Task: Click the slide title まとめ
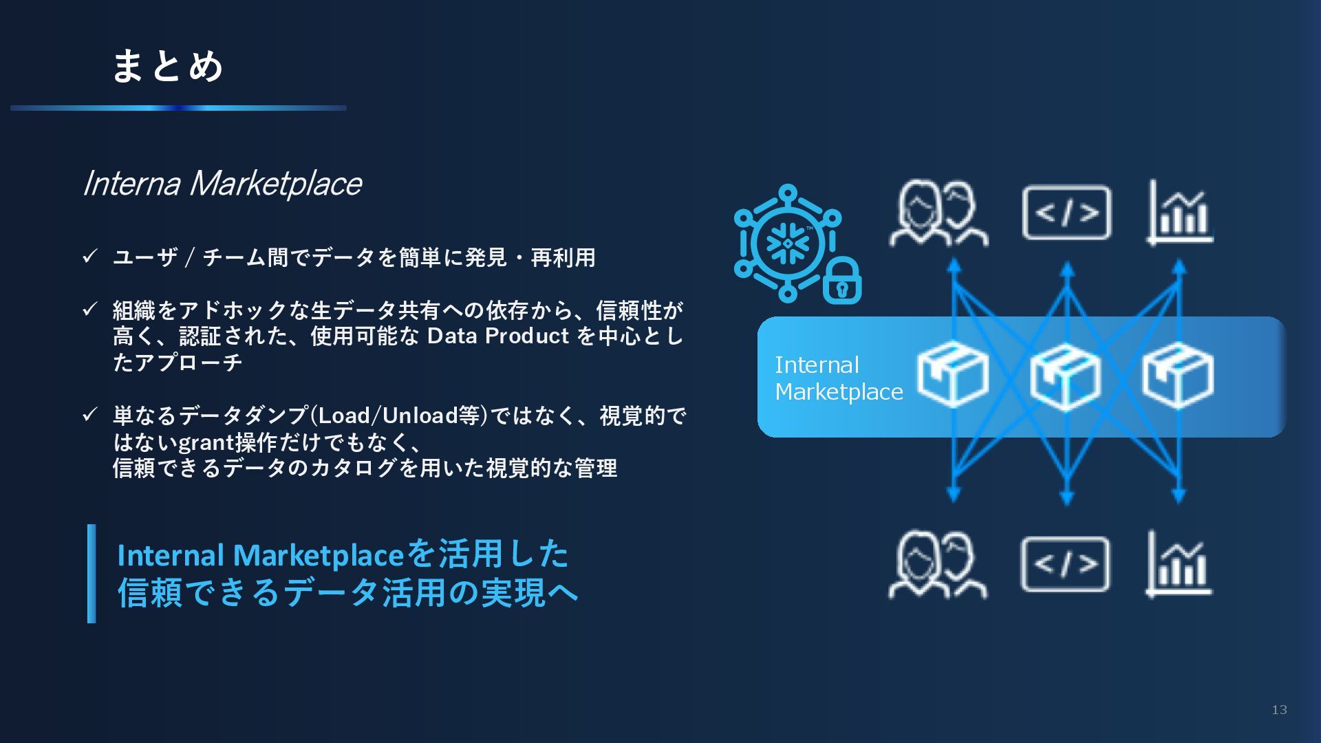[x=167, y=66]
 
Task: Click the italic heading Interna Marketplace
[x=222, y=184]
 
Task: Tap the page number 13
[x=1279, y=710]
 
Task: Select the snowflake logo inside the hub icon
[x=788, y=243]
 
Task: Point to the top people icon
[x=938, y=213]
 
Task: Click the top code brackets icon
[x=1066, y=213]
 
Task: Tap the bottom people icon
[x=938, y=564]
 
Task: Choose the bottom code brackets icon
[x=1065, y=565]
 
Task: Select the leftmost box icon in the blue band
[x=953, y=375]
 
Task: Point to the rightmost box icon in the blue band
[x=1178, y=375]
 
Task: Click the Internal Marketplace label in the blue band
[x=838, y=378]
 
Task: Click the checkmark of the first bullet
[x=90, y=257]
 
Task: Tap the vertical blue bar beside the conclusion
[x=92, y=574]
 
